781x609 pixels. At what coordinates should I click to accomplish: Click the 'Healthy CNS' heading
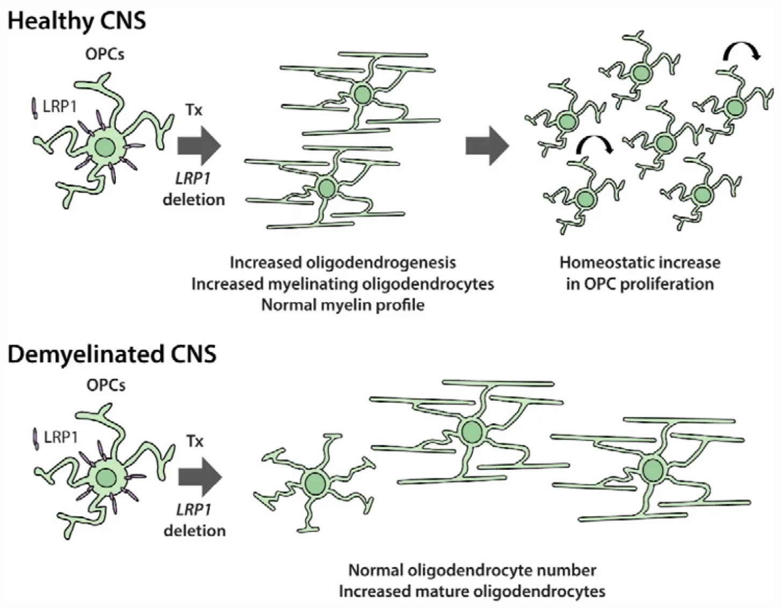pos(77,21)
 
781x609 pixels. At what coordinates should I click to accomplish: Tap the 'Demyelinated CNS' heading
pos(112,354)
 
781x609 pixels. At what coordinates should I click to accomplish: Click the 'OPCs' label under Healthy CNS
pos(105,54)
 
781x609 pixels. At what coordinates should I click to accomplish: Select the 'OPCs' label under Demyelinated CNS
pos(106,385)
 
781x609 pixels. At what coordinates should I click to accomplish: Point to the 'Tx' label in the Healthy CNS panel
pos(194,110)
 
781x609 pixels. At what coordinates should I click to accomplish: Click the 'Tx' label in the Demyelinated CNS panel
pos(195,441)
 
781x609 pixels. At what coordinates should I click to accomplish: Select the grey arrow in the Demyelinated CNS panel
pos(200,477)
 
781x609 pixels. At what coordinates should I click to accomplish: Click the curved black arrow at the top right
pos(741,52)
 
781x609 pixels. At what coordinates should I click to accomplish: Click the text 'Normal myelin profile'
pos(343,305)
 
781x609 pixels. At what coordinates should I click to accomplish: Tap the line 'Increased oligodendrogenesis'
pos(343,262)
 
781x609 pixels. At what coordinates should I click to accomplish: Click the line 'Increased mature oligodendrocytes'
pos(472,591)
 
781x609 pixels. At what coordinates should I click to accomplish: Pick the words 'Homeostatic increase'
pos(640,262)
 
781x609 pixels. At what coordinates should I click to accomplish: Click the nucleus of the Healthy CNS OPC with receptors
pos(104,147)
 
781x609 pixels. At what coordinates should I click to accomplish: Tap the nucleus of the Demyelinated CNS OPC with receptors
pos(105,478)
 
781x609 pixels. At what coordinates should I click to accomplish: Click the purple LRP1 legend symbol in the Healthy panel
pos(34,107)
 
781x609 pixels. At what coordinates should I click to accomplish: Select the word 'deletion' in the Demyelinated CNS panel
pos(194,531)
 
